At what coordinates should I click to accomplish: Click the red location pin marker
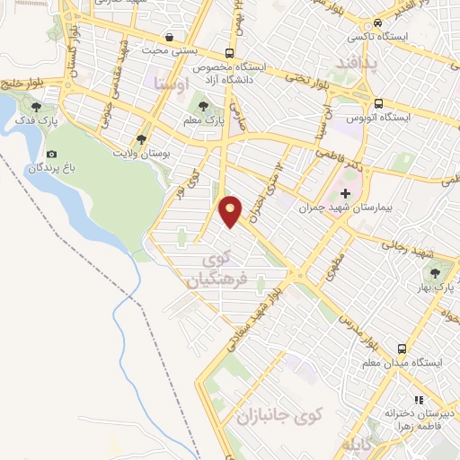(232, 210)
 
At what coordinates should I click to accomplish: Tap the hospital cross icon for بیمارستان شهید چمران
(344, 193)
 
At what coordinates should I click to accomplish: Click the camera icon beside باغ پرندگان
(51, 155)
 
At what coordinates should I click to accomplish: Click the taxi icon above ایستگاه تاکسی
(378, 22)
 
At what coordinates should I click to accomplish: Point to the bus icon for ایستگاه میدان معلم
(402, 349)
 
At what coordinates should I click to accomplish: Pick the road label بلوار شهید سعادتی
(263, 312)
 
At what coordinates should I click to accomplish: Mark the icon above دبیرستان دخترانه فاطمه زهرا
(417, 400)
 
